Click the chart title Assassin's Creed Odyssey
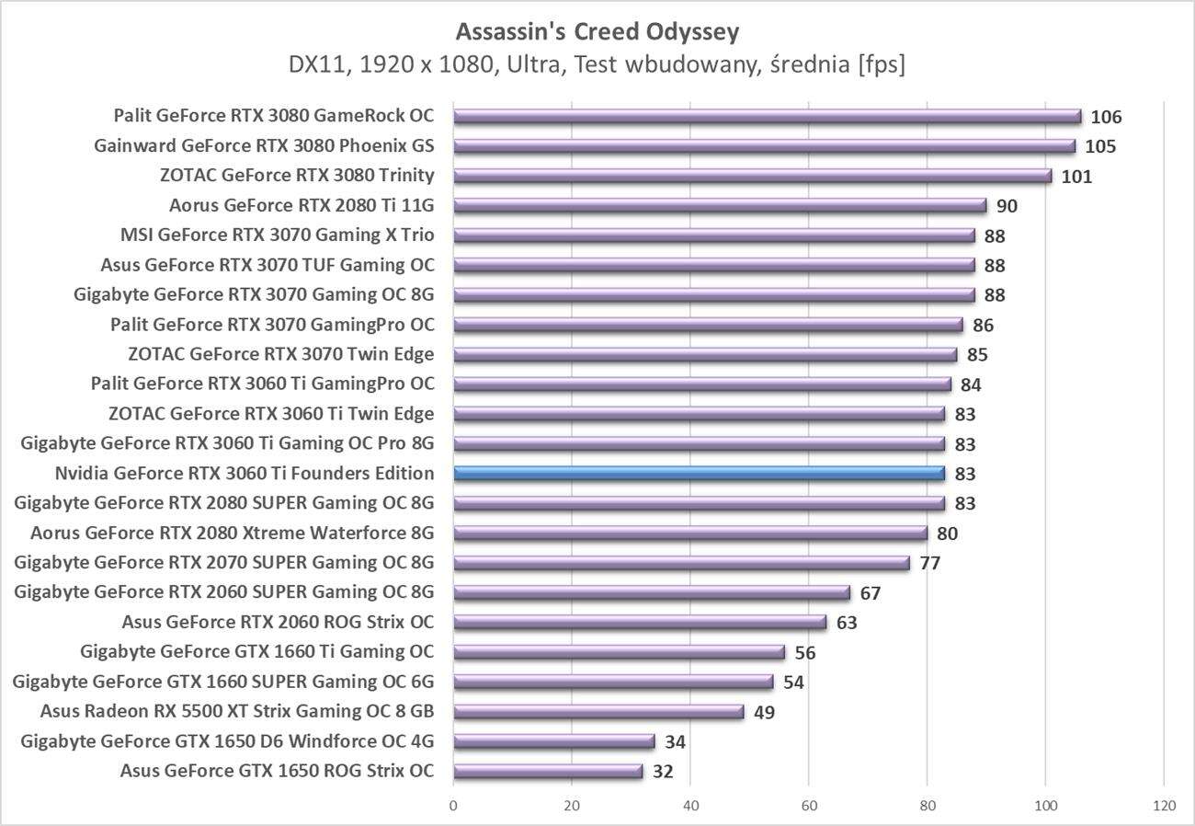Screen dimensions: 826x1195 pos(597,32)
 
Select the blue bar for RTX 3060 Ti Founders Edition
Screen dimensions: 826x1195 pos(699,474)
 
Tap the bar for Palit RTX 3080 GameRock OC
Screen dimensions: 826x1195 pos(767,116)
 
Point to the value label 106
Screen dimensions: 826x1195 pos(1107,117)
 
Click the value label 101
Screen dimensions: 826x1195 pos(1076,177)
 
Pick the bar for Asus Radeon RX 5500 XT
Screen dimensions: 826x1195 pos(597,712)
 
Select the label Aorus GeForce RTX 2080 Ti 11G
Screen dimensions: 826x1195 pos(302,205)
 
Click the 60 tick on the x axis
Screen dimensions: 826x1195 pos(809,806)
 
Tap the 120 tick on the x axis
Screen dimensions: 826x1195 pos(1164,806)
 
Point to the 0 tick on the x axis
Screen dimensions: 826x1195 pos(453,806)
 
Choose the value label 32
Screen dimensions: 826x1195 pos(663,772)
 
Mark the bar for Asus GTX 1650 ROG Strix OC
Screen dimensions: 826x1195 pos(548,772)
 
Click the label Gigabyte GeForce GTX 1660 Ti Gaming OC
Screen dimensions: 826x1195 pos(257,652)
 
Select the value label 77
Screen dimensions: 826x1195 pos(929,563)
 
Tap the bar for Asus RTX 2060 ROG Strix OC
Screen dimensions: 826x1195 pos(640,623)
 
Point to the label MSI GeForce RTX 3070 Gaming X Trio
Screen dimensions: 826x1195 pos(278,235)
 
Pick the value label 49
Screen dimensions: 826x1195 pos(764,712)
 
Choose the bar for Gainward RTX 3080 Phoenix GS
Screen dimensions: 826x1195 pos(764,146)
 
